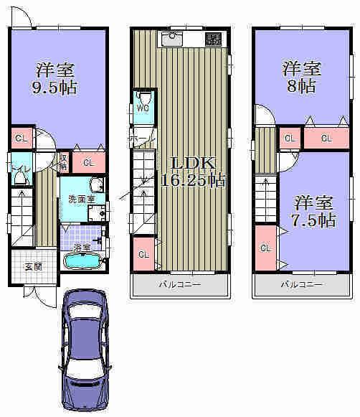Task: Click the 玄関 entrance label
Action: point(32,267)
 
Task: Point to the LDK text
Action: point(184,162)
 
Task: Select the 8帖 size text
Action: point(301,87)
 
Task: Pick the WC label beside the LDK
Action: point(141,108)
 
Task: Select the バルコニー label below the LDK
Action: point(179,285)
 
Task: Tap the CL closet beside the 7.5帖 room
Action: point(265,248)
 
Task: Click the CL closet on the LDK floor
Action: point(143,254)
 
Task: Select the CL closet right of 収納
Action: point(89,163)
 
